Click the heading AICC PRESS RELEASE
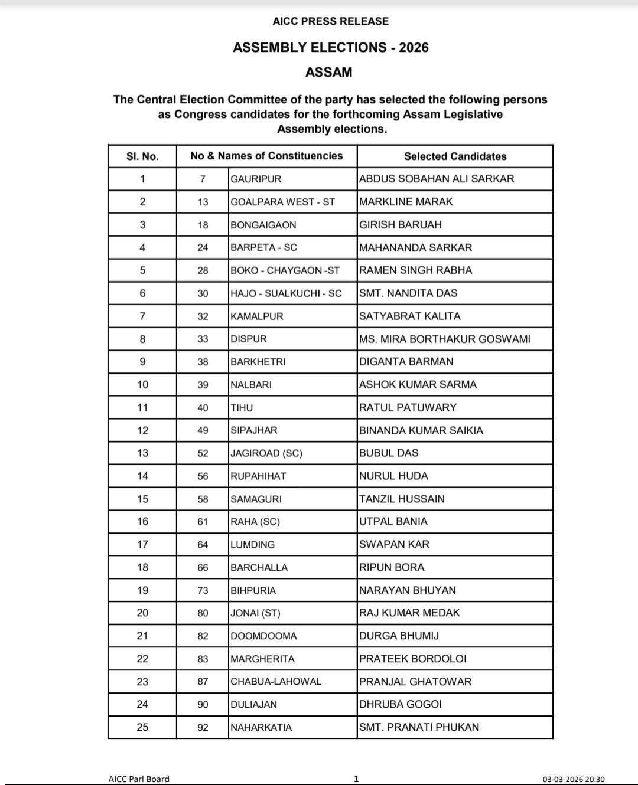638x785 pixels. coord(330,21)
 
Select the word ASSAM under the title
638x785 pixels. coord(328,73)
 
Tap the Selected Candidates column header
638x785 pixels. coord(455,156)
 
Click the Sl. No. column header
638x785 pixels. coord(142,156)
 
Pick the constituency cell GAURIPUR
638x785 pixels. coord(256,179)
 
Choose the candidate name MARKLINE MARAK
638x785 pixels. coord(406,202)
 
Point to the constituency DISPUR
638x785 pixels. coord(249,339)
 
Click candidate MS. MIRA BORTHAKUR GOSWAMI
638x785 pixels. coord(445,339)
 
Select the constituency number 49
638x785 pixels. coord(203,431)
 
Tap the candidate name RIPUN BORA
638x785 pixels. coord(392,568)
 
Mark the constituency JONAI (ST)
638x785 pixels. coord(255,613)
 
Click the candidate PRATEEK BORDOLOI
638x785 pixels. coord(413,659)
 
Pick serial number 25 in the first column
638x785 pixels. coord(142,728)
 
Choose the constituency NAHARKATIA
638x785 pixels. coord(261,728)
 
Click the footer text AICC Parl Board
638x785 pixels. coord(139,779)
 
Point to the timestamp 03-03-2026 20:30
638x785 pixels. coord(574,779)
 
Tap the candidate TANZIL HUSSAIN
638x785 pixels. coord(402,499)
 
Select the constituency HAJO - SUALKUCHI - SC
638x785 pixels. coord(286,293)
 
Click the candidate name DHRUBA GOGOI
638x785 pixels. coord(401,705)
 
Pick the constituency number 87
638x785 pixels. coord(203,682)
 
